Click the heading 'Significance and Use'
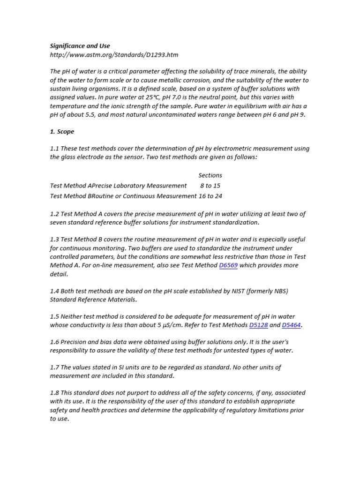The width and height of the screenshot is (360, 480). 80,46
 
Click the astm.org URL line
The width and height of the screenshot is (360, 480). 114,54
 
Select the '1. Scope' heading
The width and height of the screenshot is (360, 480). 62,132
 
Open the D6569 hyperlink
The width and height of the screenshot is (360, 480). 228,265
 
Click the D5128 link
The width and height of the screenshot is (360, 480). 258,325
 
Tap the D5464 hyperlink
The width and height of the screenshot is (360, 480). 291,325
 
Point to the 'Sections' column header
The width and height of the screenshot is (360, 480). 210,175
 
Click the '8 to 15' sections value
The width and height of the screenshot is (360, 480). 210,186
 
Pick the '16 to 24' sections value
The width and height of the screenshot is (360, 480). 210,196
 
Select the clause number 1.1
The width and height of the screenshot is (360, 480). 54,149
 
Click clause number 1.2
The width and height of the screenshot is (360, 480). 54,214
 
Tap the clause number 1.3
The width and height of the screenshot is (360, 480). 54,240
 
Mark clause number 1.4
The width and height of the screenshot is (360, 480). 54,291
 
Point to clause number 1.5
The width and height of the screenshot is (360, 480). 54,316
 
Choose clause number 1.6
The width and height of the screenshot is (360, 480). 54,342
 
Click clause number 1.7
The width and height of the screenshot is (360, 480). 54,367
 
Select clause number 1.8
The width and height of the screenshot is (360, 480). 54,393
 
